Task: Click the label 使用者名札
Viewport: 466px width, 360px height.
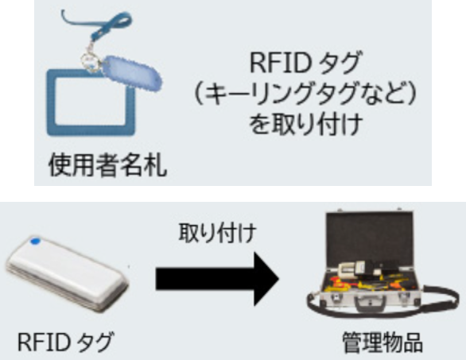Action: tap(107, 165)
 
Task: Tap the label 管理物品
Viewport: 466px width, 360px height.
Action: tap(383, 343)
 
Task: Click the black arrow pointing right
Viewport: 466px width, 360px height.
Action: tap(217, 279)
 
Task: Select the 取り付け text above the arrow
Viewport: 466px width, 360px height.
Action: tap(217, 232)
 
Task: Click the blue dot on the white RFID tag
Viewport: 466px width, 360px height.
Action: tap(35, 242)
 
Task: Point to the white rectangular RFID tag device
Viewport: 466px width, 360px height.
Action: tap(67, 273)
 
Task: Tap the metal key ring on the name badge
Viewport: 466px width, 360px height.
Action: tap(90, 62)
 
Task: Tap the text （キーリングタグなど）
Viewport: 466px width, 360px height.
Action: tap(305, 94)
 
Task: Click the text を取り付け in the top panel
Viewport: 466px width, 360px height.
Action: tap(305, 125)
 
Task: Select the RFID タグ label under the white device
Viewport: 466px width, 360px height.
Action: tap(65, 343)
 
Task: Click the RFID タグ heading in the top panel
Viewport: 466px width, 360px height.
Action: tap(305, 63)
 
